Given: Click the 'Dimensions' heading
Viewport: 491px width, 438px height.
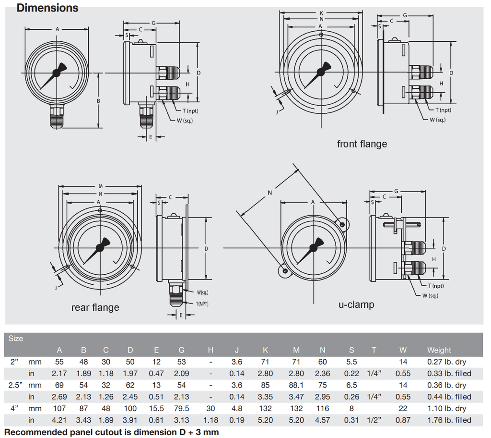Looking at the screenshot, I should pyautogui.click(x=47, y=8).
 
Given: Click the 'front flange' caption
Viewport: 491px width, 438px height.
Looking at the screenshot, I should pyautogui.click(x=362, y=144).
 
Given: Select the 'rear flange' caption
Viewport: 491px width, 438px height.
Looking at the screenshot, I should pyautogui.click(x=95, y=307).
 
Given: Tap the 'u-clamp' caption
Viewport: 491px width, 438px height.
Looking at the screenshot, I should pyautogui.click(x=356, y=304).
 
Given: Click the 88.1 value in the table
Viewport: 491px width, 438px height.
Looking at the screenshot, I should pyautogui.click(x=296, y=385).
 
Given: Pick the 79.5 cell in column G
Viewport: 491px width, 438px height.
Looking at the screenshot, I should pyautogui.click(x=181, y=408).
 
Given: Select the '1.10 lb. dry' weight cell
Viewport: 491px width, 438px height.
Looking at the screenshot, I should pyautogui.click(x=446, y=408).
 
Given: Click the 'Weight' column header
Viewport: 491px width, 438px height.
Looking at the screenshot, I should pyautogui.click(x=439, y=350).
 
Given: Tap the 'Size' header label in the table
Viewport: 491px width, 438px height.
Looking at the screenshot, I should pyautogui.click(x=16, y=339).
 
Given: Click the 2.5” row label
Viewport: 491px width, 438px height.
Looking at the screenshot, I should pyautogui.click(x=14, y=385).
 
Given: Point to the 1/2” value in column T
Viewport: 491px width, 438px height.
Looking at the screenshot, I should pyautogui.click(x=374, y=420).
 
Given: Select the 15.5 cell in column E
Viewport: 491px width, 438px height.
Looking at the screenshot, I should pyautogui.click(x=156, y=408).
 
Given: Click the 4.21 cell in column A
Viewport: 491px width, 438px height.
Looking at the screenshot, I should pyautogui.click(x=59, y=420).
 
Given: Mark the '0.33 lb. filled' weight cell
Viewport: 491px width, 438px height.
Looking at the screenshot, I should pyautogui.click(x=449, y=374).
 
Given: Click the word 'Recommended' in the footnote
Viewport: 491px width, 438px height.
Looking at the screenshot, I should pyautogui.click(x=36, y=432).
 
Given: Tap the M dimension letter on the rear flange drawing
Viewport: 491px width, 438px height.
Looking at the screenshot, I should pyautogui.click(x=101, y=186).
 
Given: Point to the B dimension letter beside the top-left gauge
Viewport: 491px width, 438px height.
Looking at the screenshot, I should pyautogui.click(x=98, y=101).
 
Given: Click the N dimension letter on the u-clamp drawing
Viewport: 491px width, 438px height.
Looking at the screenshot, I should pyautogui.click(x=269, y=193).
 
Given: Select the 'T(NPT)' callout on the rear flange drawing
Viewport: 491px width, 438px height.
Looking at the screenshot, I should pyautogui.click(x=202, y=304).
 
